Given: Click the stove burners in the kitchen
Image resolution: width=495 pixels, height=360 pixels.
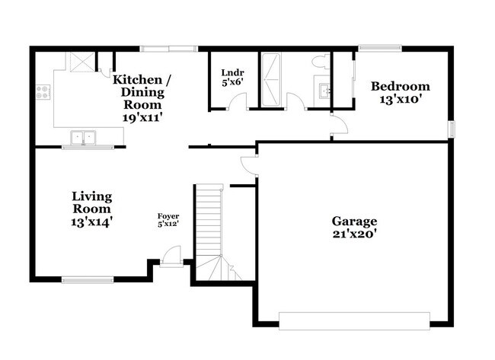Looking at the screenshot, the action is point(43,92).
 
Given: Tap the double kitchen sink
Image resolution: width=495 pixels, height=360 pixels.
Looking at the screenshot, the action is point(83,138).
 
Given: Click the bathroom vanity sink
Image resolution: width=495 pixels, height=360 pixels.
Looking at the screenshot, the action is point(324,91).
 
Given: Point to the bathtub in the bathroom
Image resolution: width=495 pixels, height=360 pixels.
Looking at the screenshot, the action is point(271,80).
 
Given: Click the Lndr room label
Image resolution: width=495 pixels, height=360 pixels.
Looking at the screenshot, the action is point(232,73).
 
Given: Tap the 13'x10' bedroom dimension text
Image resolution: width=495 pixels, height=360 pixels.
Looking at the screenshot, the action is point(401,100).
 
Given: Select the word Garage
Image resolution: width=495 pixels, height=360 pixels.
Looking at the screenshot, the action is point(354,221).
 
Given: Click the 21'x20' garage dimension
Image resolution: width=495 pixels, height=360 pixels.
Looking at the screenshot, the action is point(355,234).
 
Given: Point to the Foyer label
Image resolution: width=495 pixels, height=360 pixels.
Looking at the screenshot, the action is point(168,216).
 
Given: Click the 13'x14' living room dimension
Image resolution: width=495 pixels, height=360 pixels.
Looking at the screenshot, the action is point(91,222).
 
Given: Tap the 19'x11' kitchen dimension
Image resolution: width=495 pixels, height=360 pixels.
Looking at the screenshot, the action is point(142,118).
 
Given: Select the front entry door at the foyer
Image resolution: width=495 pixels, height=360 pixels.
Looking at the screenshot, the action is point(172,256).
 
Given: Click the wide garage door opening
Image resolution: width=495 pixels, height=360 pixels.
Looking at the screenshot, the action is point(354,321).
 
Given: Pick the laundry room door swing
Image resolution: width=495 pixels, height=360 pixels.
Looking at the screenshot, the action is point(238,100).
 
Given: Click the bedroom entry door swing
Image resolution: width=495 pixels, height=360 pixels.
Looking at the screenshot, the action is point(340,125).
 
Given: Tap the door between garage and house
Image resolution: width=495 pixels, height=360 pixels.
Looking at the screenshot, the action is point(250,165).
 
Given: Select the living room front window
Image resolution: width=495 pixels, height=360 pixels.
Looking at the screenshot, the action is point(88,279).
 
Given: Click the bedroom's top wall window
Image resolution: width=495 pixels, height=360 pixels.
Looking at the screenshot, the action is point(380,48).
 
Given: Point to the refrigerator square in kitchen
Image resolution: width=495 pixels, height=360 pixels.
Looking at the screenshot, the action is point(82,62).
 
